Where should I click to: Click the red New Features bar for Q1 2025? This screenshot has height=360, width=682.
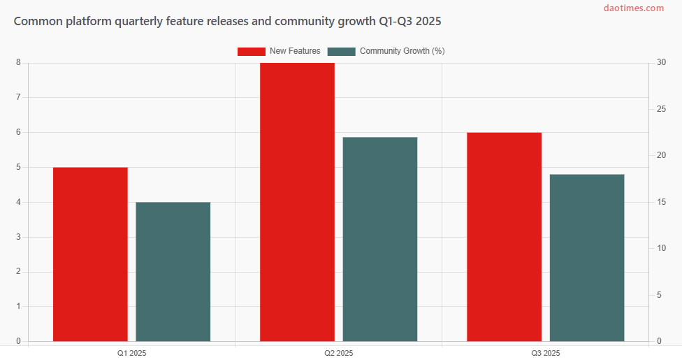pyautogui.click(x=90, y=254)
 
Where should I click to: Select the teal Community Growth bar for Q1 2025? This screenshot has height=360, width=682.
pyautogui.click(x=173, y=272)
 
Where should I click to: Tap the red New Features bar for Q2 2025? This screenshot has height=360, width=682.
pyautogui.click(x=297, y=202)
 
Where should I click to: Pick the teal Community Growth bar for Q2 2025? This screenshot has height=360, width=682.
pyautogui.click(x=379, y=239)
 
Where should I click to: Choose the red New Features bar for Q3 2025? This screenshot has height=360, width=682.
pyautogui.click(x=504, y=237)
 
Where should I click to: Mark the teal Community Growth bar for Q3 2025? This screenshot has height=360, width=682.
pyautogui.click(x=586, y=258)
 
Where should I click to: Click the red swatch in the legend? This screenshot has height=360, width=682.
pyautogui.click(x=252, y=51)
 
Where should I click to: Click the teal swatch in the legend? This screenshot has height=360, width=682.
pyautogui.click(x=342, y=51)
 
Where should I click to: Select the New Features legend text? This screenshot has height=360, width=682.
pyautogui.click(x=295, y=51)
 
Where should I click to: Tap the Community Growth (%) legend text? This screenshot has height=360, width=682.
pyautogui.click(x=402, y=51)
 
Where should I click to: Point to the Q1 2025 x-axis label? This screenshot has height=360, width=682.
pyautogui.click(x=131, y=353)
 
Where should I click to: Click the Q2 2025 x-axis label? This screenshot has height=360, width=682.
pyautogui.click(x=338, y=353)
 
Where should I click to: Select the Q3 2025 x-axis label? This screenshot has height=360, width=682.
pyautogui.click(x=545, y=353)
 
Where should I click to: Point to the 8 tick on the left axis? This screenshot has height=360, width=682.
pyautogui.click(x=18, y=63)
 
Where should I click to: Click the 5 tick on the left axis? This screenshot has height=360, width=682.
pyautogui.click(x=18, y=168)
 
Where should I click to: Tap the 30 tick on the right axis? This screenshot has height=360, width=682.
pyautogui.click(x=661, y=63)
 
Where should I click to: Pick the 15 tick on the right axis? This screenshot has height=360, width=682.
pyautogui.click(x=661, y=202)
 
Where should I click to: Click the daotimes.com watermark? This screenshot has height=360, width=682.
pyautogui.click(x=634, y=8)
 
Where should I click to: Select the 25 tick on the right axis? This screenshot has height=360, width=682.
pyautogui.click(x=661, y=110)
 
